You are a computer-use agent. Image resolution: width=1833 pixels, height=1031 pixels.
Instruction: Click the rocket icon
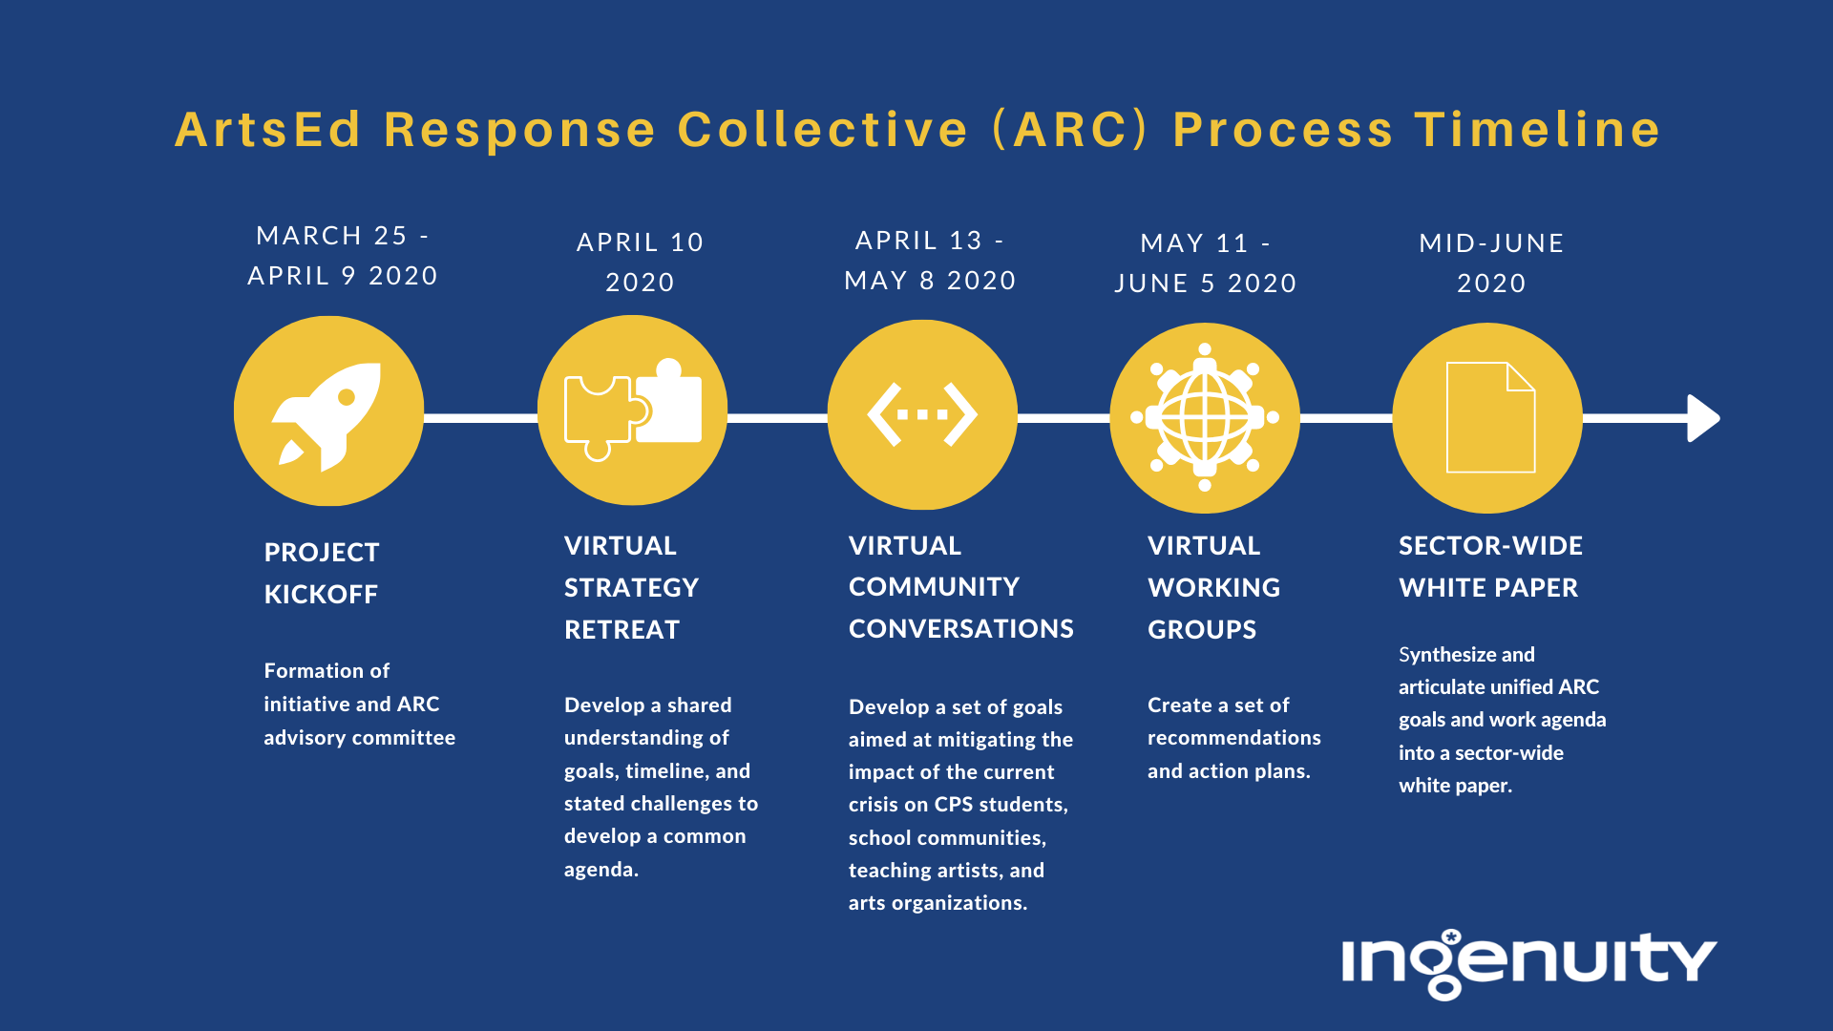pos(327,416)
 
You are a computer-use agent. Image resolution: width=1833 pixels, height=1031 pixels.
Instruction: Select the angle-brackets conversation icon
pos(922,414)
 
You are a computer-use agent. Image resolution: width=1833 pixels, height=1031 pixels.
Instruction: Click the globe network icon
pos(1205,417)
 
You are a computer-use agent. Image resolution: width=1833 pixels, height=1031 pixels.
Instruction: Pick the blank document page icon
pos(1490,417)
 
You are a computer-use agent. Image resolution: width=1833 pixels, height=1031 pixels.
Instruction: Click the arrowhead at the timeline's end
pos(1703,418)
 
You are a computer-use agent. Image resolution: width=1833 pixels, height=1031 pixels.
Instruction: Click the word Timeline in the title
pos(1537,129)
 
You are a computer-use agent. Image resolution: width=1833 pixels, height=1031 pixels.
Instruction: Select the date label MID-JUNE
pos(1491,243)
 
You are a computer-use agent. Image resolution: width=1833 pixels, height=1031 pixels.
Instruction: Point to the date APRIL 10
pos(640,242)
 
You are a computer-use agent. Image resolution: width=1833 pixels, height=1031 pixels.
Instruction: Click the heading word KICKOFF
pos(321,594)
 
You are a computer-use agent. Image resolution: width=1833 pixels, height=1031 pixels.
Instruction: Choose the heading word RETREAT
pos(622,629)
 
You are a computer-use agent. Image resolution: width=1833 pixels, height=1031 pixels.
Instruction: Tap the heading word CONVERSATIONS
pos(961,628)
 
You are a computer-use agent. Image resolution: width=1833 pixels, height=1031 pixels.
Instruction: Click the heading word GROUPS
pos(1202,629)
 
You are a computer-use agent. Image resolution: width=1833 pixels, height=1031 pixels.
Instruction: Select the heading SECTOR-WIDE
pos(1490,545)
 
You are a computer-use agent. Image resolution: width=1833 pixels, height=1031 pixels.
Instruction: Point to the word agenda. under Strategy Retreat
pos(600,870)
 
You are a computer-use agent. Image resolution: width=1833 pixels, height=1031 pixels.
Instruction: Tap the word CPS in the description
pos(953,804)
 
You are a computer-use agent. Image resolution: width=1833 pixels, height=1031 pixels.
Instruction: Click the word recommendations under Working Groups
pos(1234,737)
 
